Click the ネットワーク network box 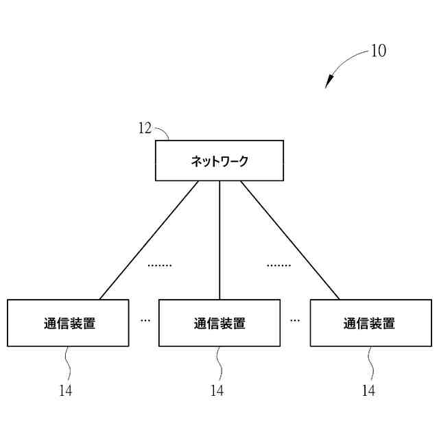(x=219, y=161)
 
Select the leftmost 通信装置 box (x=68, y=323)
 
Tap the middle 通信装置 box (x=219, y=323)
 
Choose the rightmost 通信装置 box (x=370, y=323)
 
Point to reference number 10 (x=378, y=51)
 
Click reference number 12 (x=145, y=128)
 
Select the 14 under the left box (x=65, y=391)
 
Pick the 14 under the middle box (x=217, y=391)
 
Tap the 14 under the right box (x=368, y=391)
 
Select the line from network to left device (x=149, y=240)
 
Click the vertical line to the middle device (x=219, y=240)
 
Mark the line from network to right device (x=289, y=240)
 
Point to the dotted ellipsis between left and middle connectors (x=160, y=265)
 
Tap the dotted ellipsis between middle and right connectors (x=278, y=265)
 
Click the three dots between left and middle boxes (x=145, y=320)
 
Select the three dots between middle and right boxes (x=295, y=320)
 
